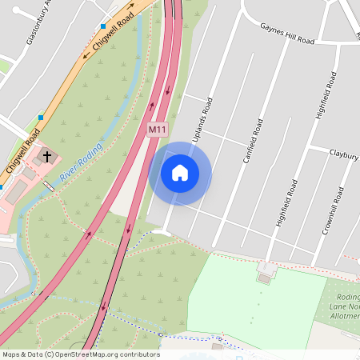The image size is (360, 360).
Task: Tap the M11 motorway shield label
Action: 157,128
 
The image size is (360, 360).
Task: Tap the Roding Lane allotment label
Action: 344,307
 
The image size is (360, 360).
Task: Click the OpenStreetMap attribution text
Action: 80,354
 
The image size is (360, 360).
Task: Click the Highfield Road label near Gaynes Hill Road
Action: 326,96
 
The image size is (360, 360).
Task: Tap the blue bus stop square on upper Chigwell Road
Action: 102,26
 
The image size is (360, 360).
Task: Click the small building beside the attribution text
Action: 218,346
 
